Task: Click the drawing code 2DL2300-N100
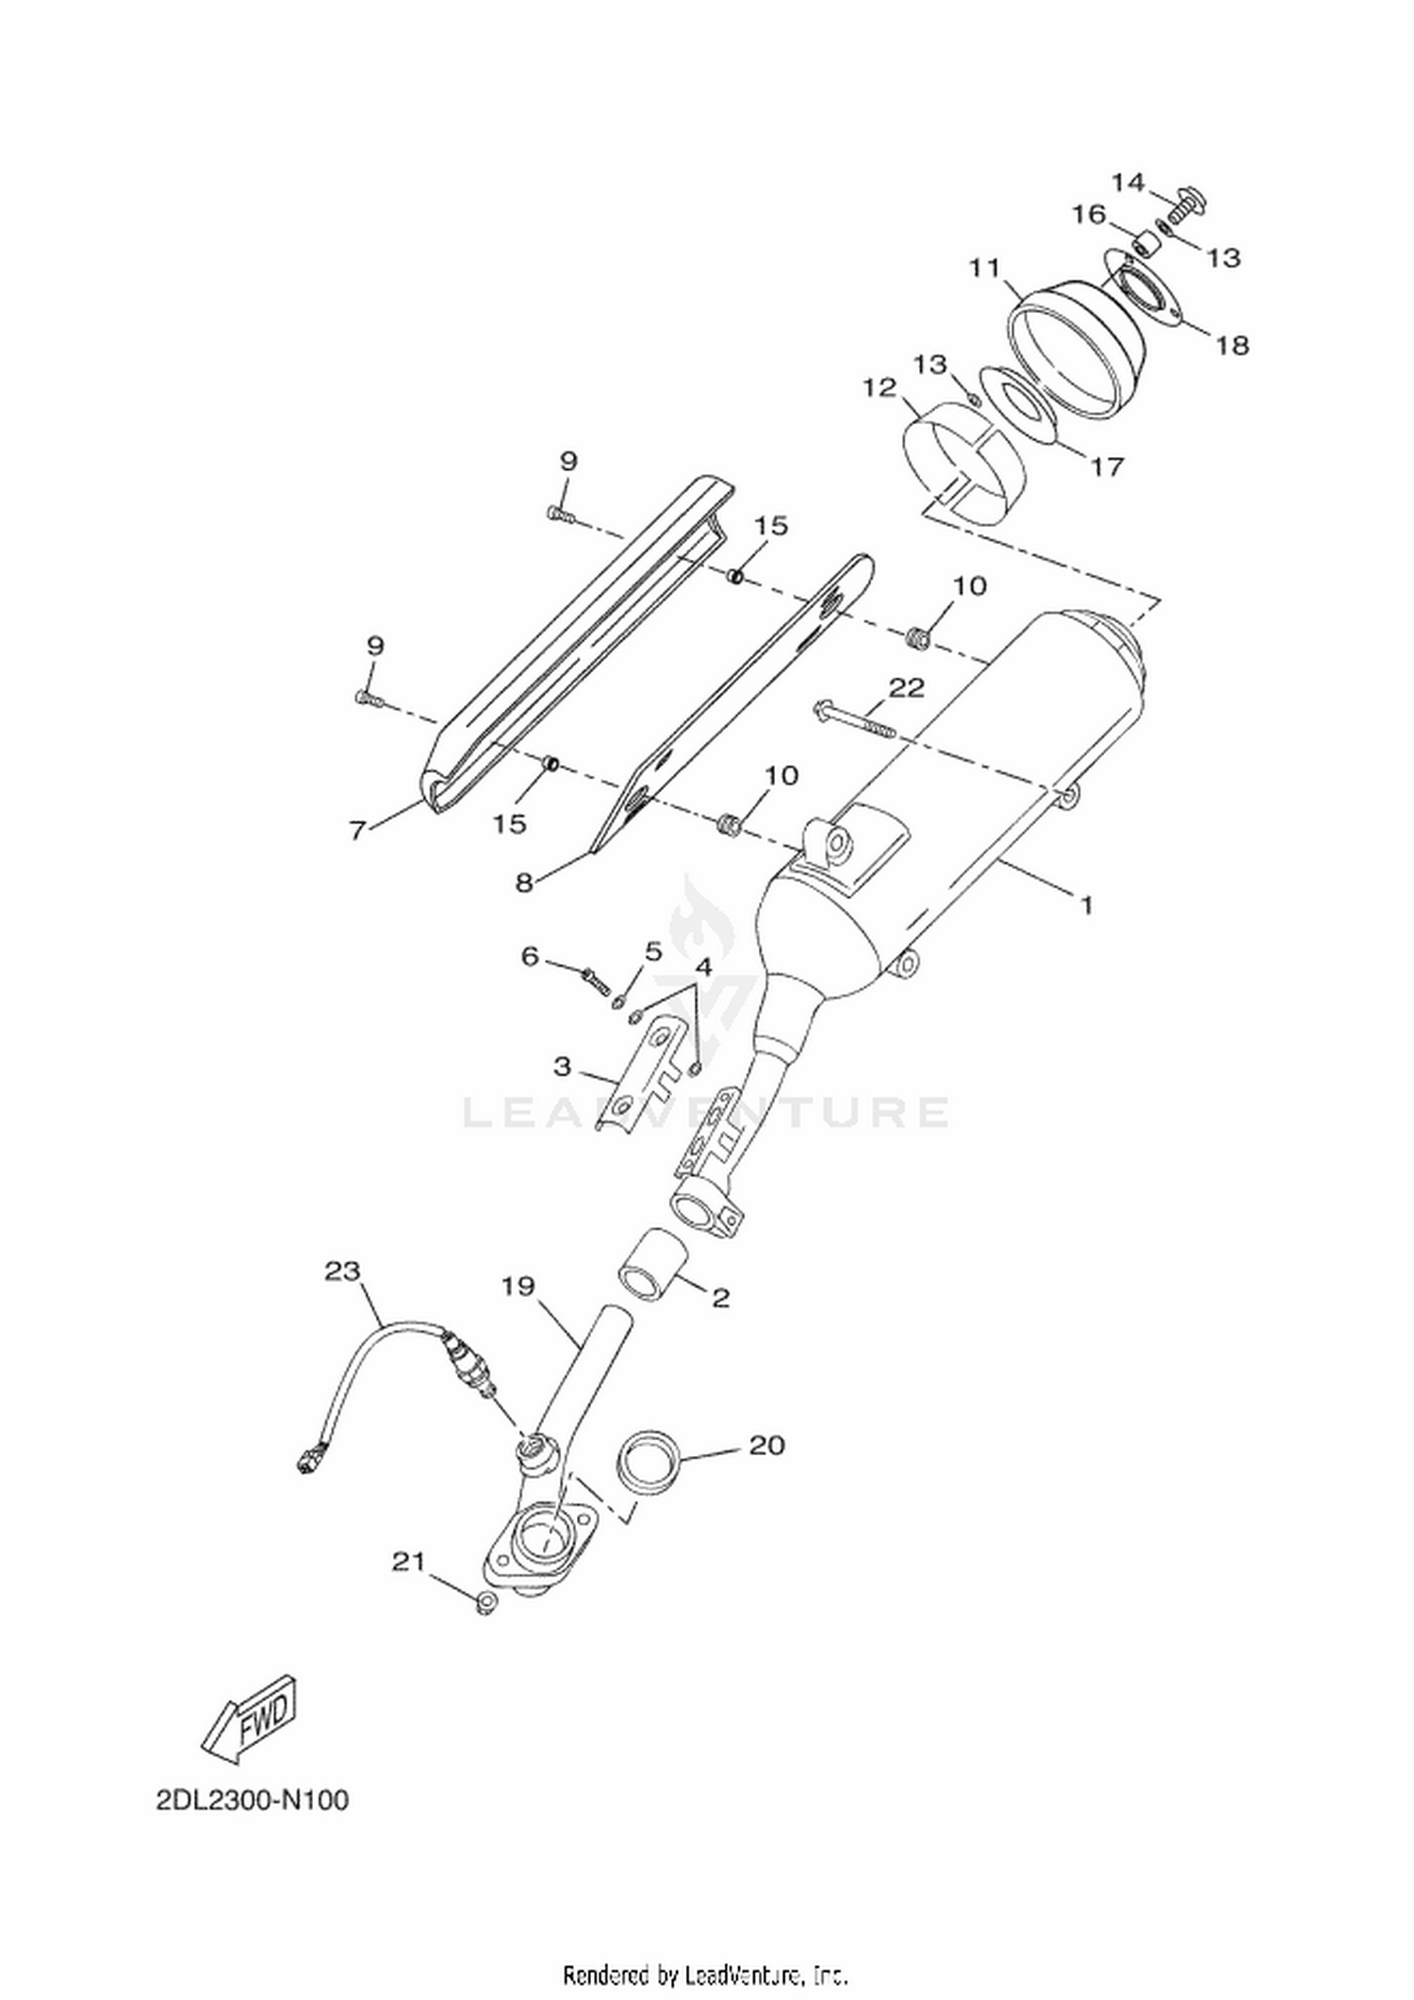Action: click(253, 1800)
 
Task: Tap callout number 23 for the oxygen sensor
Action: click(342, 1271)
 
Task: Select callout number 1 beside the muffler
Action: click(1086, 906)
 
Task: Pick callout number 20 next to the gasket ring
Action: click(766, 1445)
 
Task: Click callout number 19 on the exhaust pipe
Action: click(518, 1286)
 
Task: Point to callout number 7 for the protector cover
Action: click(356, 830)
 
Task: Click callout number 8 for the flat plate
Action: click(524, 882)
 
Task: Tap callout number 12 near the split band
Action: click(880, 387)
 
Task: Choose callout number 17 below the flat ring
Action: click(1108, 466)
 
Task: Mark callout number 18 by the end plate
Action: click(1231, 345)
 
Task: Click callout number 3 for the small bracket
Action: click(562, 1066)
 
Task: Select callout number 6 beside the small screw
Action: click(530, 957)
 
